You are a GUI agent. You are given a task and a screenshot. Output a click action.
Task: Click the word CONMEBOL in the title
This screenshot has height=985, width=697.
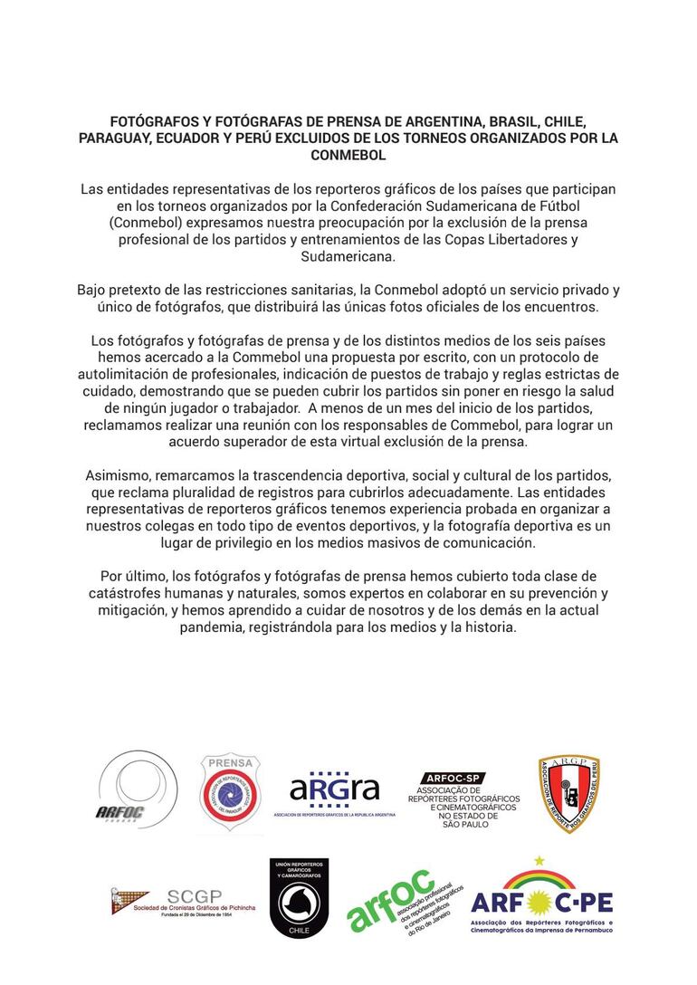[x=348, y=155]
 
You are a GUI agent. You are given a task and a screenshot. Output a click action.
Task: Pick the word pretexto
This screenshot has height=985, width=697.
[x=150, y=291]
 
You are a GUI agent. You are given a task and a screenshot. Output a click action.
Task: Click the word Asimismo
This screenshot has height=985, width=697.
[x=119, y=475]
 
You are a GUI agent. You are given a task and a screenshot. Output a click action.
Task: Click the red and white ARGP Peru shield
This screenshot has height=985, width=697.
[x=569, y=794]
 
